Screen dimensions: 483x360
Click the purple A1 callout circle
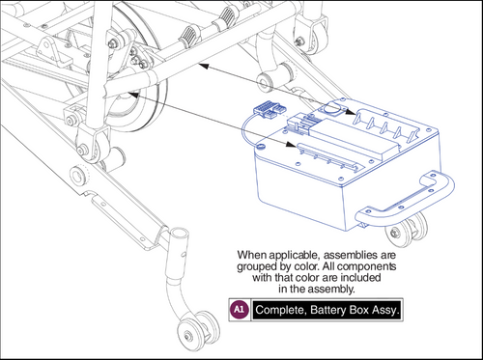(240, 310)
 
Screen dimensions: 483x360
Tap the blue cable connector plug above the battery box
(267, 109)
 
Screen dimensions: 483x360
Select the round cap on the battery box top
(331, 108)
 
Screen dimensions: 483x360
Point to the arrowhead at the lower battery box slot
(291, 144)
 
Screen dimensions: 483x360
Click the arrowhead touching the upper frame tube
(204, 66)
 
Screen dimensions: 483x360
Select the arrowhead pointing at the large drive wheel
(134, 95)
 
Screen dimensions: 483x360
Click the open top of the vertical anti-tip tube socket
(179, 232)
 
